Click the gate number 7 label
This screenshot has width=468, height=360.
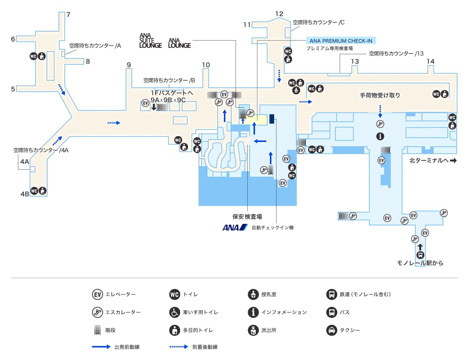point(68,15)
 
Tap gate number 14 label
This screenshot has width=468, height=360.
point(431,61)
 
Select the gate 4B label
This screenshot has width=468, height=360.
point(25,193)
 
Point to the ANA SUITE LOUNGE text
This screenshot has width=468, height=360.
point(151,41)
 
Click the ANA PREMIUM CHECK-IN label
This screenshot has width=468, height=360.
point(340,41)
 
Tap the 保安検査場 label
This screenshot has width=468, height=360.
point(247,216)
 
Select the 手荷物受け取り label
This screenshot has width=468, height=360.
point(380,95)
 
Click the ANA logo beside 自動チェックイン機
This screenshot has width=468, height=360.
point(235,227)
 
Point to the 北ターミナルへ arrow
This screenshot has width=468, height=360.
point(453,160)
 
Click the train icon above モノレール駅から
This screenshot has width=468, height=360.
point(420,255)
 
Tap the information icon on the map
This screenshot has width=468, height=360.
point(380,136)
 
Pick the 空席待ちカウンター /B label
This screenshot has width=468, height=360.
point(169,80)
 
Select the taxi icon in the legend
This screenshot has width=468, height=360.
point(331,330)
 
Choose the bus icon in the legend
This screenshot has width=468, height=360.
point(331,312)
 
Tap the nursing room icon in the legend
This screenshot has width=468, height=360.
point(253,294)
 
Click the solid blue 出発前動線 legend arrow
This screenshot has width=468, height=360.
point(101,347)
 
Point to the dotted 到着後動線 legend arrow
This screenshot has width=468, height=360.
point(179,347)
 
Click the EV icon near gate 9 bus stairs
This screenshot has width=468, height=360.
point(145,103)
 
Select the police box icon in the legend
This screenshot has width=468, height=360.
point(253,330)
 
